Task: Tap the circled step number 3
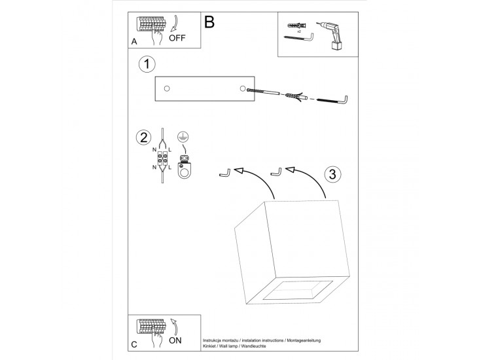click(332, 174)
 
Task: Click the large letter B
click(209, 23)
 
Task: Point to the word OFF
click(177, 37)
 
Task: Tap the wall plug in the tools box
click(293, 26)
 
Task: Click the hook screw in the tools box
click(302, 41)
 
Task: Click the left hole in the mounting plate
click(166, 88)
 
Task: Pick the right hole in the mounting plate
click(243, 88)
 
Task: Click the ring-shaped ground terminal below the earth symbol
click(185, 171)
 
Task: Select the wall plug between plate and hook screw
click(295, 97)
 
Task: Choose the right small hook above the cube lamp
click(276, 172)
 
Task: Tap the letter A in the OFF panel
click(134, 41)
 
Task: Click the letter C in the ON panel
click(134, 344)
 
